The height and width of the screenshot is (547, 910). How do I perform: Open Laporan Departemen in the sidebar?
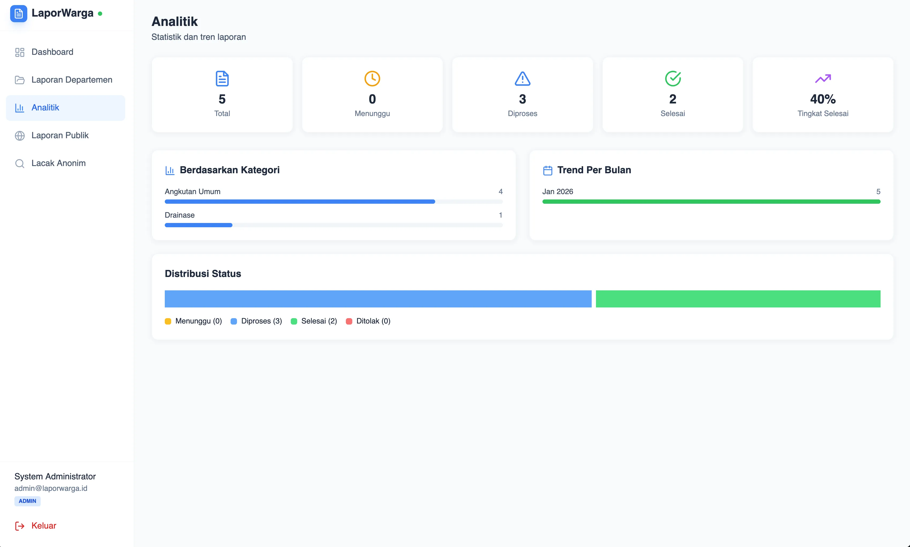click(71, 80)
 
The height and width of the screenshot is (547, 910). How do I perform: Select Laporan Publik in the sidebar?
click(60, 135)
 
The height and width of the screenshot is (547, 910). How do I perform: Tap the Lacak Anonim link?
click(58, 163)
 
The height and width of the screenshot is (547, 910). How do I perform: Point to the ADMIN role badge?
click(27, 501)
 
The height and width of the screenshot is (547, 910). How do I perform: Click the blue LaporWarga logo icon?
click(18, 14)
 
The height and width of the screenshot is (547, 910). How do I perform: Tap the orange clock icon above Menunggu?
click(372, 79)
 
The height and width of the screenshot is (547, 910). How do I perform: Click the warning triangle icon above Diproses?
click(522, 79)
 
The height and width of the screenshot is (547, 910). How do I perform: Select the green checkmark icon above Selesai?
click(672, 79)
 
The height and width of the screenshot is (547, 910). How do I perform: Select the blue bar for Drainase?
click(198, 225)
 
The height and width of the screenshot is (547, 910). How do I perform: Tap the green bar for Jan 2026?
click(711, 202)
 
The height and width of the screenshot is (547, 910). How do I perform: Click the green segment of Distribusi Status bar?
click(738, 299)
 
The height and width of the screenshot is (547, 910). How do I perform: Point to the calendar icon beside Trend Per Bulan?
click(548, 170)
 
